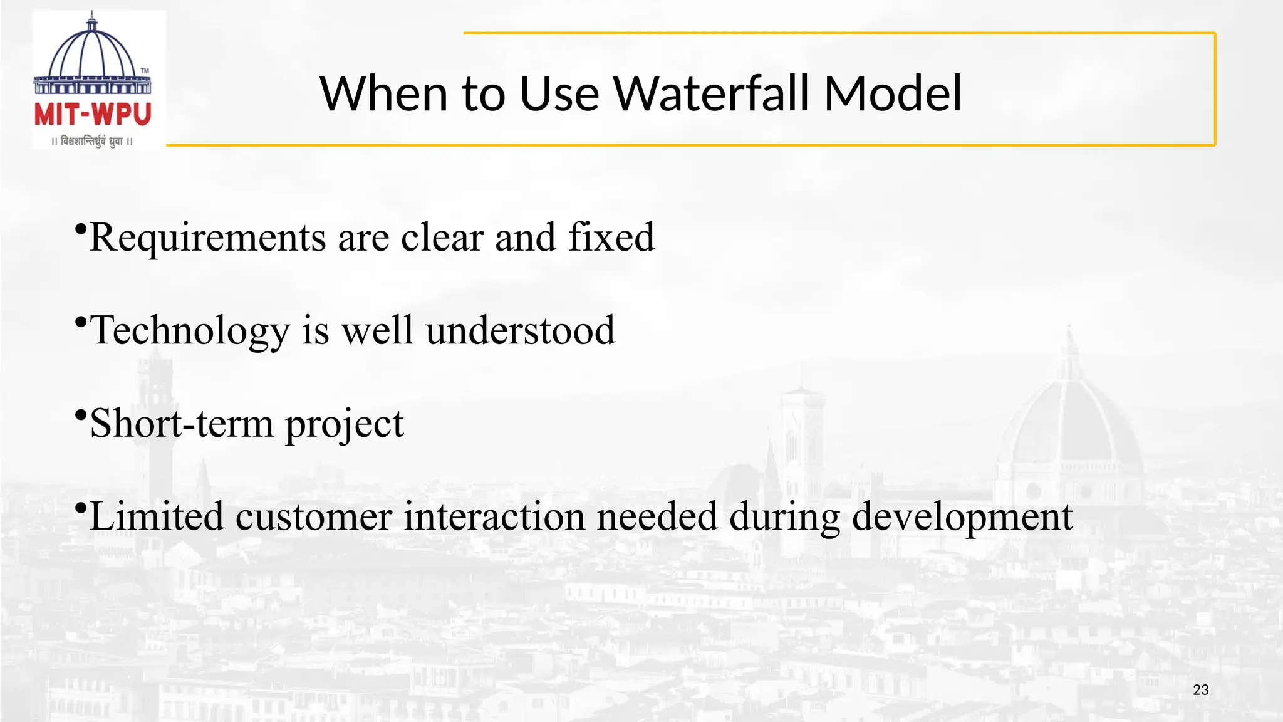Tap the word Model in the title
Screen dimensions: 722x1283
click(892, 94)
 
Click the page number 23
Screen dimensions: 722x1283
click(1200, 690)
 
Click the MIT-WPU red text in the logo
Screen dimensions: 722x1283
click(93, 115)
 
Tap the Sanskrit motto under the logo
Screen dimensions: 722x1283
click(93, 142)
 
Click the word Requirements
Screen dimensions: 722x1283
click(207, 239)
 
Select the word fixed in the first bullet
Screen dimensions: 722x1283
click(611, 238)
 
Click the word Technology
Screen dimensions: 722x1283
click(190, 332)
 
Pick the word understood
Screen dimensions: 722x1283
click(520, 331)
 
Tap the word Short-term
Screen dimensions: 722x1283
click(182, 424)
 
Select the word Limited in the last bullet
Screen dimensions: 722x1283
click(156, 517)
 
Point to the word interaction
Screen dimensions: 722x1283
click(494, 517)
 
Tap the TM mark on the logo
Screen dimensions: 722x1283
click(145, 71)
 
